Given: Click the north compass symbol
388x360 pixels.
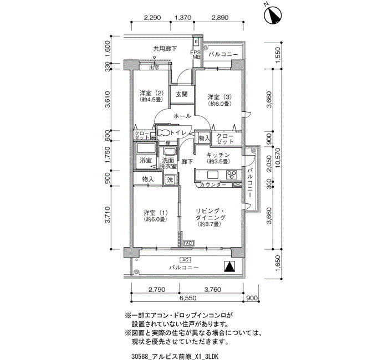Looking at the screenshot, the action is point(273,15).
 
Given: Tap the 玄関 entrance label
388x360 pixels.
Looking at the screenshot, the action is point(182,94).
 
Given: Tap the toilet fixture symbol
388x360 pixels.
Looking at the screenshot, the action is point(163,133).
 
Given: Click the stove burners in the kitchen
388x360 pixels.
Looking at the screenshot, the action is point(232,175).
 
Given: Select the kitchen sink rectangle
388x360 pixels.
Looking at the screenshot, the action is point(213,175).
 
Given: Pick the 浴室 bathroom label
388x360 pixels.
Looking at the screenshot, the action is point(145,160).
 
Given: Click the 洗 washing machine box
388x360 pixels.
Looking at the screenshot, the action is point(170,180).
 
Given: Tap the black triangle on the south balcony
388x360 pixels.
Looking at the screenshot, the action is point(229,267).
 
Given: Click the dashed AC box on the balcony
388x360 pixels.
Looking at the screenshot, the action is point(185,260).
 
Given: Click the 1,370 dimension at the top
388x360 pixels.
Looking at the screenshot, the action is point(183,18).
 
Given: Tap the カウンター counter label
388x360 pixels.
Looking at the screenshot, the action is point(213,184).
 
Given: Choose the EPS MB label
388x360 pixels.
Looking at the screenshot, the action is point(195,55).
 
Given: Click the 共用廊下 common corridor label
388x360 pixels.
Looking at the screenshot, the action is point(165,49).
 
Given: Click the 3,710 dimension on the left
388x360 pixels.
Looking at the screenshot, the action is point(108,215).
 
